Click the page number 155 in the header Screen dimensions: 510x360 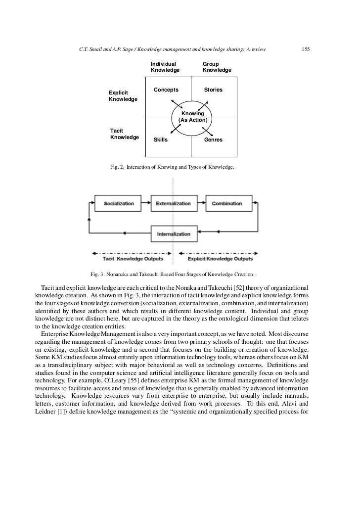coord(305,49)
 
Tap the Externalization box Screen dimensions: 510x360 coord(173,203)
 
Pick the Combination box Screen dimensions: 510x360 coord(227,203)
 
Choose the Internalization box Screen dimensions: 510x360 coord(173,233)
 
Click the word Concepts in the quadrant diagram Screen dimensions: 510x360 coord(166,90)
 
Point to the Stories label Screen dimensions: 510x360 coord(214,90)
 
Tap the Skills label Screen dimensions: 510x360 coord(161,140)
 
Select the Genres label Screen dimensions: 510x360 coord(214,140)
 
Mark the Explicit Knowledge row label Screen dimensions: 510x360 coord(123,96)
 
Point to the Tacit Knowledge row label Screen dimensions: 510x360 coord(124,134)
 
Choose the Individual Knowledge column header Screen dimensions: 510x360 coord(165,67)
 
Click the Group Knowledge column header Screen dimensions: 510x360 coord(217,67)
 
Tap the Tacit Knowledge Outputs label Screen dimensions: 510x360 coord(133,259)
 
